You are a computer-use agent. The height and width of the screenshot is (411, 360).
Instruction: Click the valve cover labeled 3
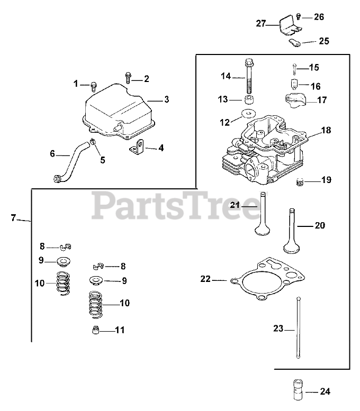tap(118, 113)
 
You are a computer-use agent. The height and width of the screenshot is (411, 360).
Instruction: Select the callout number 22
tap(205, 279)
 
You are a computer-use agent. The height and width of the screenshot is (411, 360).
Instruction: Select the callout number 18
tap(326, 130)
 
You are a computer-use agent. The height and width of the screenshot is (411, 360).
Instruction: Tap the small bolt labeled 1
tap(94, 84)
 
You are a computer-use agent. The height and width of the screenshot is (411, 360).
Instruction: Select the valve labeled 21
tap(262, 217)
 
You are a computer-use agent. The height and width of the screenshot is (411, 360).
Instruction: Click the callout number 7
tap(14, 217)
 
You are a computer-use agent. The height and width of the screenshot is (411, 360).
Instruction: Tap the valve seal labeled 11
tap(94, 331)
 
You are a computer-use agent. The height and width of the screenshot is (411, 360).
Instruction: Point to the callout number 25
tap(324, 41)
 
